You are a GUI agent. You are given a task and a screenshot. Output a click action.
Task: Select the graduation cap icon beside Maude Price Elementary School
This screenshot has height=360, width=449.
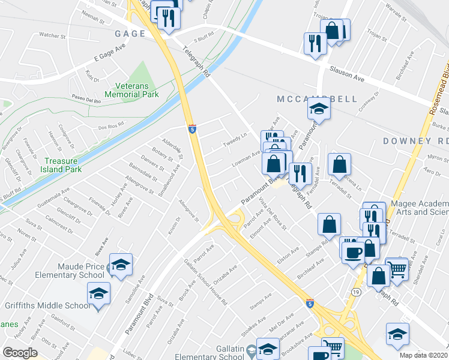[121, 265]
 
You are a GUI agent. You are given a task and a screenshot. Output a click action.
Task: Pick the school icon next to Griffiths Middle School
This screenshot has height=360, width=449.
[98, 294]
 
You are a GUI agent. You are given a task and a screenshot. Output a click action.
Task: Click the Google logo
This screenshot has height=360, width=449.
[20, 353]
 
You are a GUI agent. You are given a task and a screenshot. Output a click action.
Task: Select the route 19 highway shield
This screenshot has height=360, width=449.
[356, 291]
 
